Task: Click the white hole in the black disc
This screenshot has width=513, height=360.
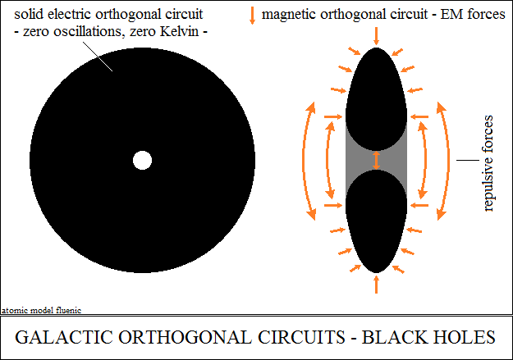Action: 142,160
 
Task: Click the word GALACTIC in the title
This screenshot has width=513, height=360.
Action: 64,337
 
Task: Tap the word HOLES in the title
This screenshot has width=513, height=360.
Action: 465,337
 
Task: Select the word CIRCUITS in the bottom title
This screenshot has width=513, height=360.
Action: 301,337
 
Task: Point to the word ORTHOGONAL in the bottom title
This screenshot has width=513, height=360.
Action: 186,337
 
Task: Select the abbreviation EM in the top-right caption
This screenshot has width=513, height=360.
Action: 452,14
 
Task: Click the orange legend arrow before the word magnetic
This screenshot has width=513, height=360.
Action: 252,16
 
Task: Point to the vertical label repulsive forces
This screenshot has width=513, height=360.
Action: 488,163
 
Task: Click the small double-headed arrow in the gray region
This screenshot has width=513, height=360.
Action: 376,160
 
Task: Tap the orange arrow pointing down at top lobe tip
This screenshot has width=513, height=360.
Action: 376,36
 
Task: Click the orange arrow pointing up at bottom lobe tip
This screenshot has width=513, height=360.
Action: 376,285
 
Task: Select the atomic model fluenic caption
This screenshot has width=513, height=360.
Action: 42,310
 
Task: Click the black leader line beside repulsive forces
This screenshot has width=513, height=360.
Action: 468,160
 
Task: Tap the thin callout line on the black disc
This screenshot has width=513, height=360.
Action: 98,57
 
